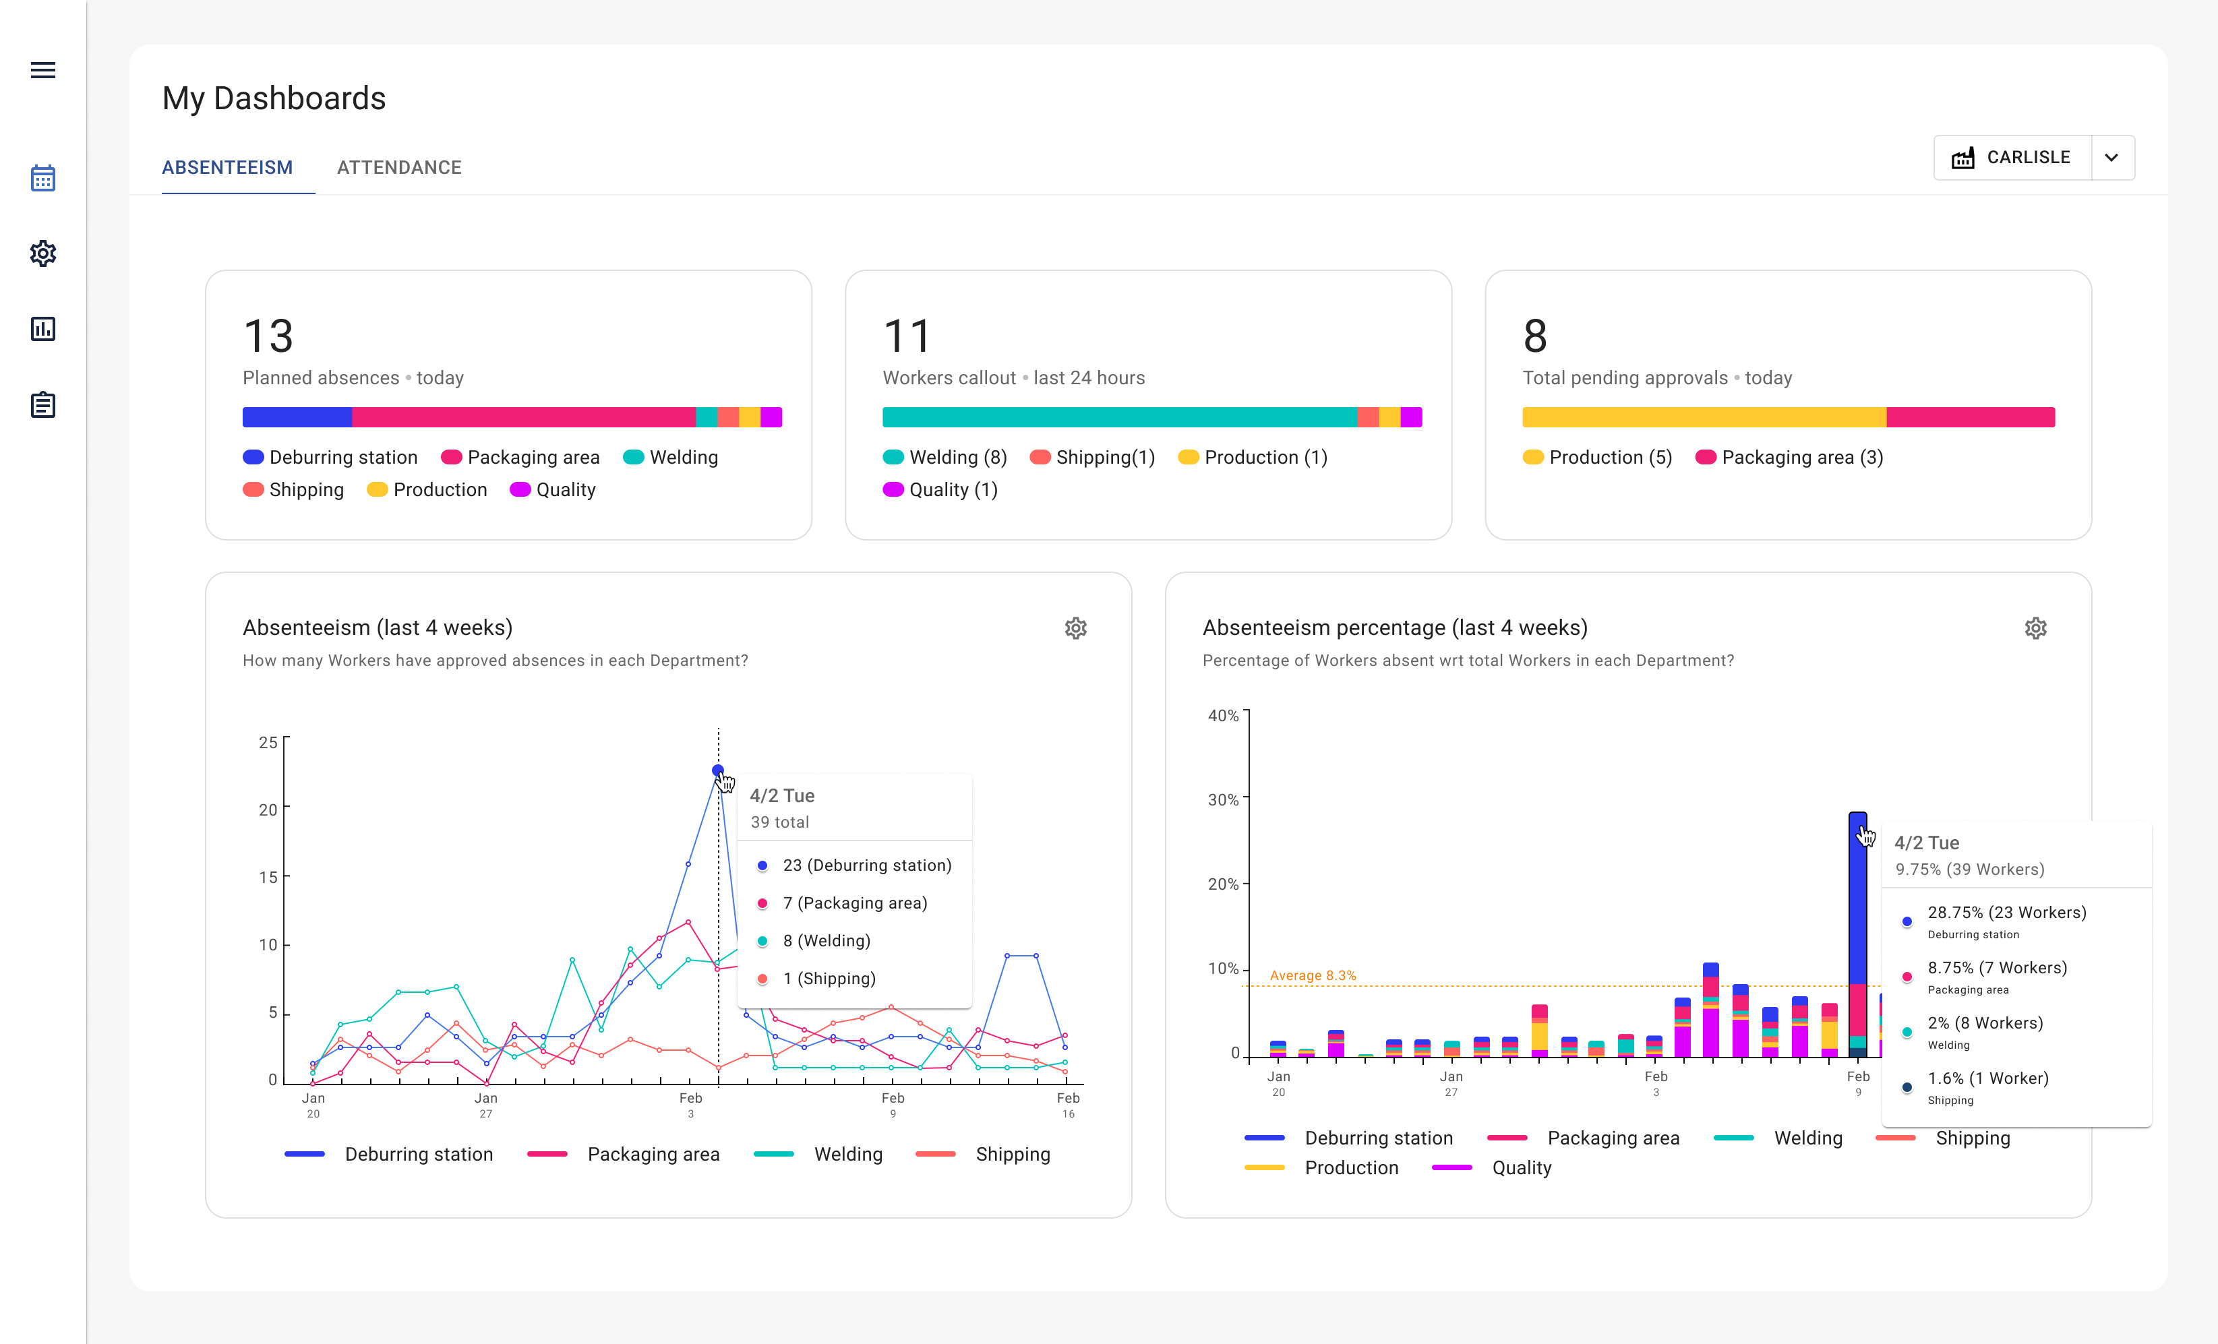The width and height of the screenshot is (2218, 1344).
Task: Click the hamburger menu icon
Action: [x=42, y=70]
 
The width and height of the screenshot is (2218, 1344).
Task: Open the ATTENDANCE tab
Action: [x=399, y=167]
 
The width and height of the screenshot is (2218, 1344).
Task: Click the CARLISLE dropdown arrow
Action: [x=2111, y=158]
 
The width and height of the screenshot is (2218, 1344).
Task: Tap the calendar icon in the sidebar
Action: [x=42, y=178]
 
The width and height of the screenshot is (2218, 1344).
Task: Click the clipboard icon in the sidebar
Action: [x=42, y=405]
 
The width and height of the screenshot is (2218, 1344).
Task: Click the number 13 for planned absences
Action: [x=268, y=337]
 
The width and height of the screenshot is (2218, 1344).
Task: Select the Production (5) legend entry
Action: [x=1598, y=457]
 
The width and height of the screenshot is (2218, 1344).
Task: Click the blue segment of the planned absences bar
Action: [x=297, y=417]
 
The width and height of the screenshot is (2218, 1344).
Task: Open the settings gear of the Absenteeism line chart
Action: [x=1076, y=628]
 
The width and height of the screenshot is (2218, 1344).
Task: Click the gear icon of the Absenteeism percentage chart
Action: [x=2035, y=628]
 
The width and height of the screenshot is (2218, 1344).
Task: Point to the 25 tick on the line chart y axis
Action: [x=268, y=743]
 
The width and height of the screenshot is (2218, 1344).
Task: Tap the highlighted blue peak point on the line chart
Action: [x=717, y=770]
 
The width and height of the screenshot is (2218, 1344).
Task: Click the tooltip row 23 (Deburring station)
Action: [x=866, y=865]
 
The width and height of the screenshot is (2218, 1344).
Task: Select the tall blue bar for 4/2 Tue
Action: [x=1857, y=900]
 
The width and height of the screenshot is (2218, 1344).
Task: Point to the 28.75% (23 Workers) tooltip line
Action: [x=2006, y=912]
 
